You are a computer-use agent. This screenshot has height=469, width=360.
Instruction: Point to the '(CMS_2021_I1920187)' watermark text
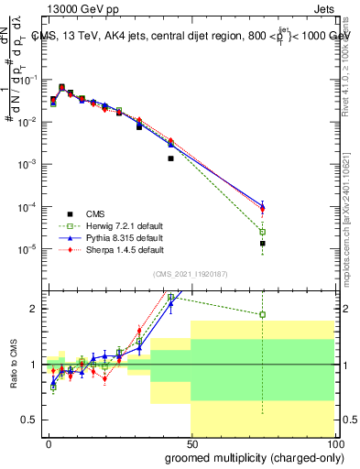coord(191,274)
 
